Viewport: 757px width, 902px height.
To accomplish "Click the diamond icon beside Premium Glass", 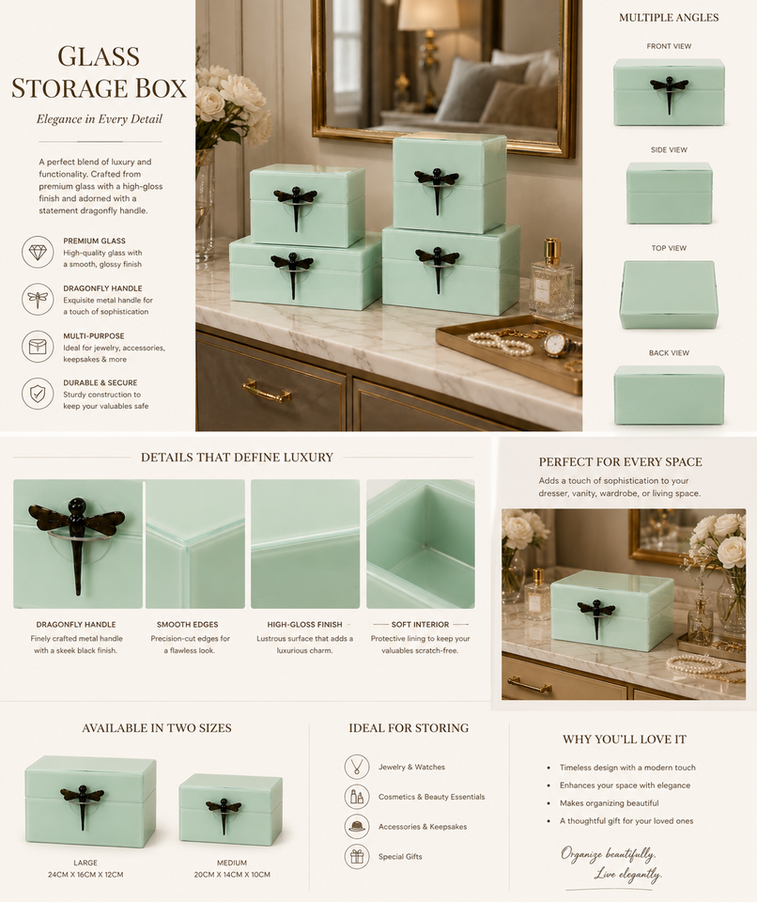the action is (38, 252).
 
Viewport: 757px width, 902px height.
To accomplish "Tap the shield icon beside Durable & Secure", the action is (38, 394).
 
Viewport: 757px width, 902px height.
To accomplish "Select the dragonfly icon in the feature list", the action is (38, 299).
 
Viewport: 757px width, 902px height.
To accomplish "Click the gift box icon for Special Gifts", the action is (357, 857).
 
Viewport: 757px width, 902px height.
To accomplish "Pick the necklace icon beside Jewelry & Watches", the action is (357, 767).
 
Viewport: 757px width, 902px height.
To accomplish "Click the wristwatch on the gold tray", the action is (555, 344).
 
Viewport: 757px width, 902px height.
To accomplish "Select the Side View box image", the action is (669, 193).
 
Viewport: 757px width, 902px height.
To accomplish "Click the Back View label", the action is (669, 352).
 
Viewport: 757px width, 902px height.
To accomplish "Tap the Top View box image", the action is (668, 294).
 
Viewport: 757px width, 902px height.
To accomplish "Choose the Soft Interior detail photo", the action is (421, 544).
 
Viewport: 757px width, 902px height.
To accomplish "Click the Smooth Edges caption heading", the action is (188, 624).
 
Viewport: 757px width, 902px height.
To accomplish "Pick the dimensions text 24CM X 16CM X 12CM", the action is (85, 875).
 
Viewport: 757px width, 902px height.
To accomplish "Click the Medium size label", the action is (232, 863).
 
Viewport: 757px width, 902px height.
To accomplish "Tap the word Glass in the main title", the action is (99, 55).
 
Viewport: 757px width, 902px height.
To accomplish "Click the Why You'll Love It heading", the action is (625, 739).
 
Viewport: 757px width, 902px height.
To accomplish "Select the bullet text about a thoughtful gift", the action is (626, 821).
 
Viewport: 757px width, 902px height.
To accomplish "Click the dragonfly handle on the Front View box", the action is (669, 90).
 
